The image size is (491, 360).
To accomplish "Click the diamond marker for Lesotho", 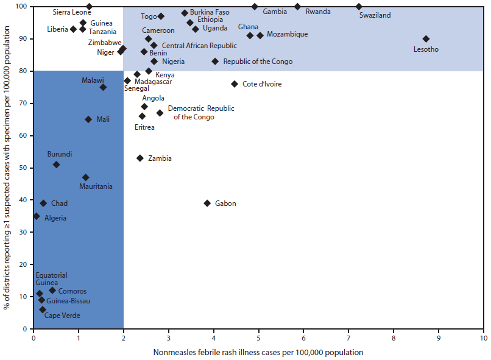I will click(426, 39).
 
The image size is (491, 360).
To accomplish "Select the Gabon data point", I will click(207, 203).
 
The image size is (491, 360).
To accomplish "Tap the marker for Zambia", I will click(140, 158).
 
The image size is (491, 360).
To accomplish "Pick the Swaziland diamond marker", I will click(359, 7).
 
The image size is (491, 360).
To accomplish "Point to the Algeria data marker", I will click(37, 216).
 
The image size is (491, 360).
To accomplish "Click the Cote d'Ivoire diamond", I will click(235, 84).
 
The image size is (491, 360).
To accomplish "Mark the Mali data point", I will click(88, 119).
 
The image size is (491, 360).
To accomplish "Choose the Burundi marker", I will click(57, 164).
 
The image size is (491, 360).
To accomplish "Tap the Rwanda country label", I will click(319, 12).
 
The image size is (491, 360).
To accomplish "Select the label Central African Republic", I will click(199, 46).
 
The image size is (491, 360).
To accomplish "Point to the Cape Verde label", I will click(62, 316).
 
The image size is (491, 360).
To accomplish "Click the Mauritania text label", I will click(96, 186).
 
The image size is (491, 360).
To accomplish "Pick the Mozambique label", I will click(287, 34).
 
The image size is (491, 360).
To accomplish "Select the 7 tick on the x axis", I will click(348, 337).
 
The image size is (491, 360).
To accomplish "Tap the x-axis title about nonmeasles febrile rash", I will click(259, 352).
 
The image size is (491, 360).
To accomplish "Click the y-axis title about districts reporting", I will click(7, 168).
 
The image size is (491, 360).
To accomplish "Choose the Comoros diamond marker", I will click(52, 290).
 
